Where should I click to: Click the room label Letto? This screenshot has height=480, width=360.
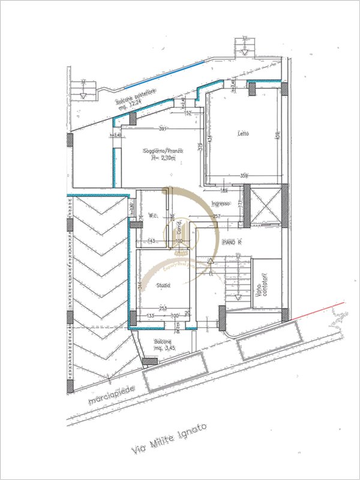click(243, 133)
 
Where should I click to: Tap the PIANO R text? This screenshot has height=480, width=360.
click(231, 242)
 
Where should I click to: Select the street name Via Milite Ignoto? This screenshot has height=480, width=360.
click(169, 438)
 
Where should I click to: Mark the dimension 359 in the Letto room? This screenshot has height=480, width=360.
click(244, 176)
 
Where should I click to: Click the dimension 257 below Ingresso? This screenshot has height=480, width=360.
click(217, 216)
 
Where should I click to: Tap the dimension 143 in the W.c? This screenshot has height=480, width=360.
click(152, 241)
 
